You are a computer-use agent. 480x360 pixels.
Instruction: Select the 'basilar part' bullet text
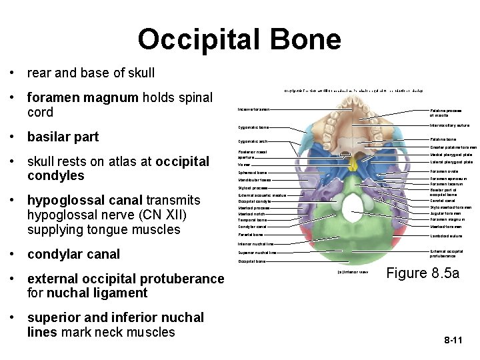tap(63, 137)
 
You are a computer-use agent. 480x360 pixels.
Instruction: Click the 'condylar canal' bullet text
tap(73, 253)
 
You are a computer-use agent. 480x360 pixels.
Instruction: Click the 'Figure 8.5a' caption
tap(423, 273)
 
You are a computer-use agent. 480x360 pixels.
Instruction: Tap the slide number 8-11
tap(453, 341)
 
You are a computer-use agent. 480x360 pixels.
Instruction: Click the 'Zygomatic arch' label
tap(253, 141)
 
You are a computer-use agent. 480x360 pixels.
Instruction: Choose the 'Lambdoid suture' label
tap(446, 235)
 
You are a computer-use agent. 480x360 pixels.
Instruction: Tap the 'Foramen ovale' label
tap(444, 171)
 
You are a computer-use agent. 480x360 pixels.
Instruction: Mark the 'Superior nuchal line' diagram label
tap(256, 253)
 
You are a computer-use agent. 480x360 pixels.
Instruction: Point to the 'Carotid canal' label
tap(443, 199)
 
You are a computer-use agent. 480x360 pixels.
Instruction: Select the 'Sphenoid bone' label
tap(253, 172)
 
